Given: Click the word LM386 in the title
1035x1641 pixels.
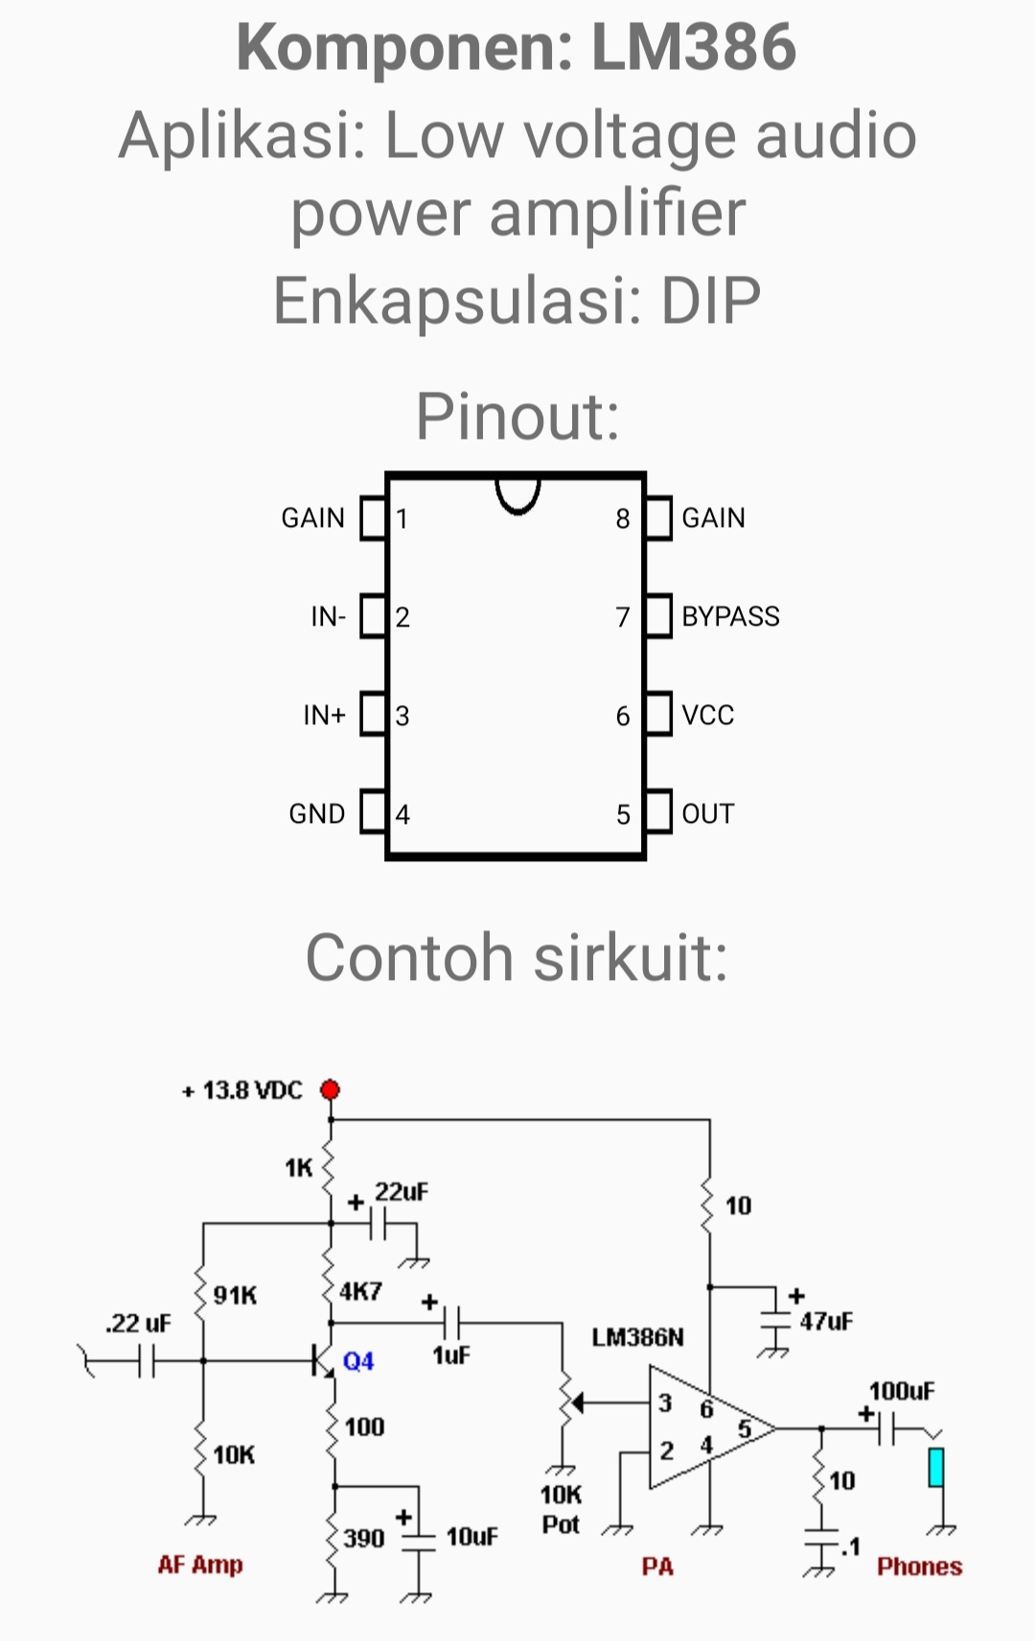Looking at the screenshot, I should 693,48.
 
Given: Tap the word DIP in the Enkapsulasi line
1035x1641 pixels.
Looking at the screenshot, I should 710,301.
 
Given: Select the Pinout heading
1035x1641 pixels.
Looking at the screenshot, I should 517,418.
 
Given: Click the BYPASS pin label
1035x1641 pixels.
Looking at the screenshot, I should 730,616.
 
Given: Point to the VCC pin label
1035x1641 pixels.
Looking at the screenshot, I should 707,715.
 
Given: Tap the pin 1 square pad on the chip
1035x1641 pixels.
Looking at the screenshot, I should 372,517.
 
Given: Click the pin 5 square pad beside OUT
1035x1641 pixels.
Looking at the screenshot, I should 658,812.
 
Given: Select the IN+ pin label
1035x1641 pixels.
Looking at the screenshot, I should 324,715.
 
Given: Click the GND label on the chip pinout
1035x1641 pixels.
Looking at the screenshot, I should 316,813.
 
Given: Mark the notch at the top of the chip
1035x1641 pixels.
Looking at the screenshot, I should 517,493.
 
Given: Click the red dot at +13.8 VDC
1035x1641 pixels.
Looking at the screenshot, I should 331,1090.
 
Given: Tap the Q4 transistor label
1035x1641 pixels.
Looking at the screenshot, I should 358,1361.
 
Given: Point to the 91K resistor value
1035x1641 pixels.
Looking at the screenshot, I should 235,1296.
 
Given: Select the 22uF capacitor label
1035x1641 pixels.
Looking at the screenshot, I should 402,1192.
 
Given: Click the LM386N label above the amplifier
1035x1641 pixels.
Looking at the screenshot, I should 637,1337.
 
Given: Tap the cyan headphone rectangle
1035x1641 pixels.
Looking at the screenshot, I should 936,1467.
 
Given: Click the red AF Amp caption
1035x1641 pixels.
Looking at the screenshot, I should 200,1564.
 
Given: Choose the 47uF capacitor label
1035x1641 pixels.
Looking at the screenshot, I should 826,1322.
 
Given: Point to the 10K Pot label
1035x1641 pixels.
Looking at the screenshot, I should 561,1509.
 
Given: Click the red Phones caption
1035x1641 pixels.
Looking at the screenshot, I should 919,1566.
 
